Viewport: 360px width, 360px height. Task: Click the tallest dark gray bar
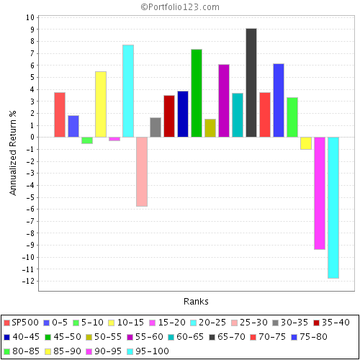[x=251, y=83]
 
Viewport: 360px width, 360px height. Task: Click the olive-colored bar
[x=210, y=128]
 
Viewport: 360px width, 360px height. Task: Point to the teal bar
[x=237, y=115]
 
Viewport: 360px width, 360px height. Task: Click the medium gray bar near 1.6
[x=155, y=127]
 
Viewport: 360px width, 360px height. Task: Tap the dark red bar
[x=168, y=116]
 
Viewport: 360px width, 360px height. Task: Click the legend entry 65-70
[x=230, y=336]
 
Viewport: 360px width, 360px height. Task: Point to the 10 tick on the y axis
[x=29, y=17]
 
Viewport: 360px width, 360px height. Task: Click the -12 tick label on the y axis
[x=27, y=282]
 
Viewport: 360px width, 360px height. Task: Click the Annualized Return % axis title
[x=12, y=151]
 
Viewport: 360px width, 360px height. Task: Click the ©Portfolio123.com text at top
[x=180, y=6]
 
